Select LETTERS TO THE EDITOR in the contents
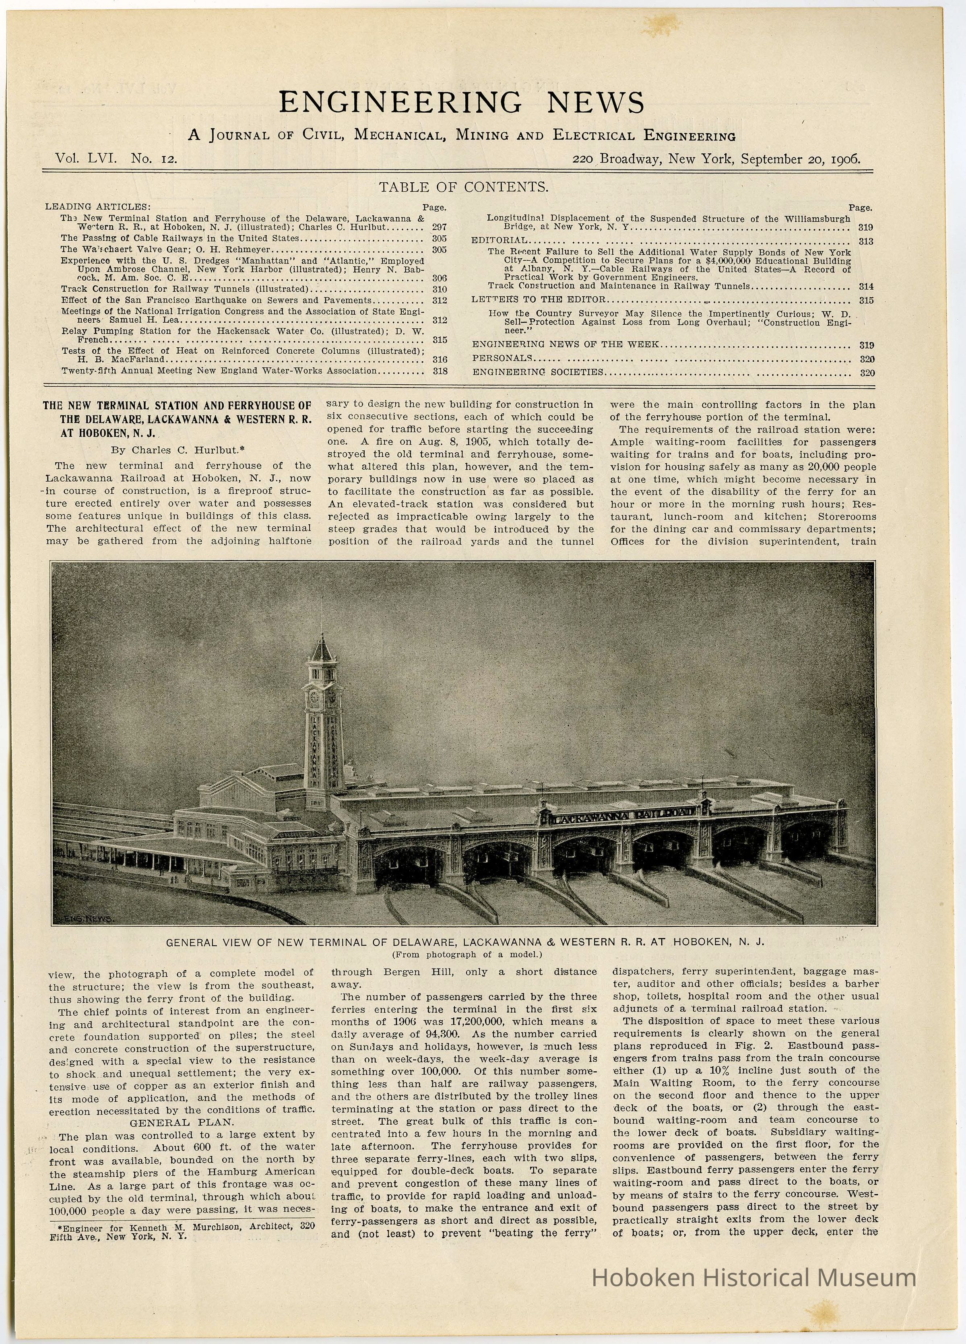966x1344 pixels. pos(539,300)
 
